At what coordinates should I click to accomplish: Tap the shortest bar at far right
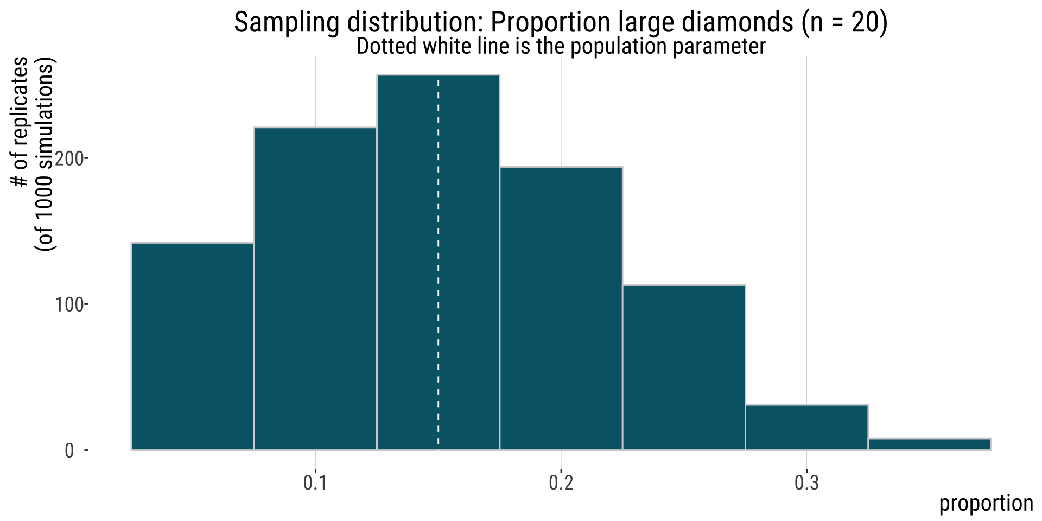pyautogui.click(x=929, y=444)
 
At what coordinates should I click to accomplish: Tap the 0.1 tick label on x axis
pyautogui.click(x=315, y=482)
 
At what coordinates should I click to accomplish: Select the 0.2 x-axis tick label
pyautogui.click(x=561, y=482)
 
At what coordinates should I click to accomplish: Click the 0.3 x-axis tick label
pyautogui.click(x=806, y=482)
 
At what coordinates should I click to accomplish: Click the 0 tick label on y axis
pyautogui.click(x=69, y=451)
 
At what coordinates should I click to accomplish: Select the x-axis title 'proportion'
pyautogui.click(x=986, y=503)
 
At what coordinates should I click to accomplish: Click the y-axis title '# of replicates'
pyautogui.click(x=21, y=122)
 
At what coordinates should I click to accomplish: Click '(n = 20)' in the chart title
pyautogui.click(x=844, y=23)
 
